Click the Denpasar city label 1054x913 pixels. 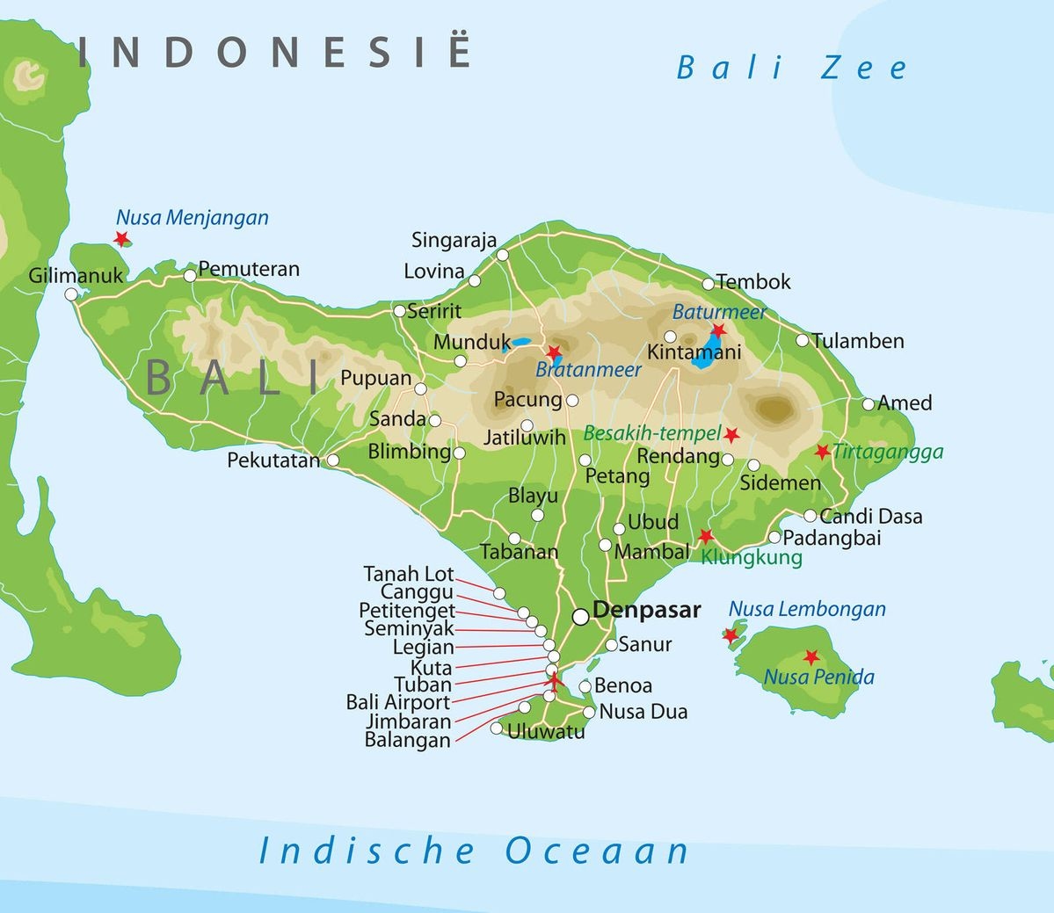pyautogui.click(x=646, y=610)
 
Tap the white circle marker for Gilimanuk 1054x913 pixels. pyautogui.click(x=71, y=294)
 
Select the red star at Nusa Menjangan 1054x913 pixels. pyautogui.click(x=121, y=238)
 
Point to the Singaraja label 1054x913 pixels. pyautogui.click(x=454, y=240)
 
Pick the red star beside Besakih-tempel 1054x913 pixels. pyautogui.click(x=731, y=435)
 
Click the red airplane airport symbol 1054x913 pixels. pyautogui.click(x=553, y=680)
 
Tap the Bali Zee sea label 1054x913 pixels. pyautogui.click(x=791, y=69)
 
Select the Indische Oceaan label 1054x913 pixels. pyautogui.click(x=474, y=851)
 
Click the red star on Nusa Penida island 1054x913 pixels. pyautogui.click(x=810, y=657)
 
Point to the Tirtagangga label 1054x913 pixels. pyautogui.click(x=888, y=452)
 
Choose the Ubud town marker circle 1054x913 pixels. pyautogui.click(x=619, y=528)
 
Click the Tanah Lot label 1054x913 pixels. pyautogui.click(x=409, y=574)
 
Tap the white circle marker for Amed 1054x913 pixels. pyautogui.click(x=869, y=404)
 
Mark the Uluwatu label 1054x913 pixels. pyautogui.click(x=546, y=731)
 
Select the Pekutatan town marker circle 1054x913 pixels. pyautogui.click(x=333, y=460)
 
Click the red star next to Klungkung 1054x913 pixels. pyautogui.click(x=705, y=536)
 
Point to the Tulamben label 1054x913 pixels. pyautogui.click(x=857, y=341)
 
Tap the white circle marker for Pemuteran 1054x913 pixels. pyautogui.click(x=190, y=275)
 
